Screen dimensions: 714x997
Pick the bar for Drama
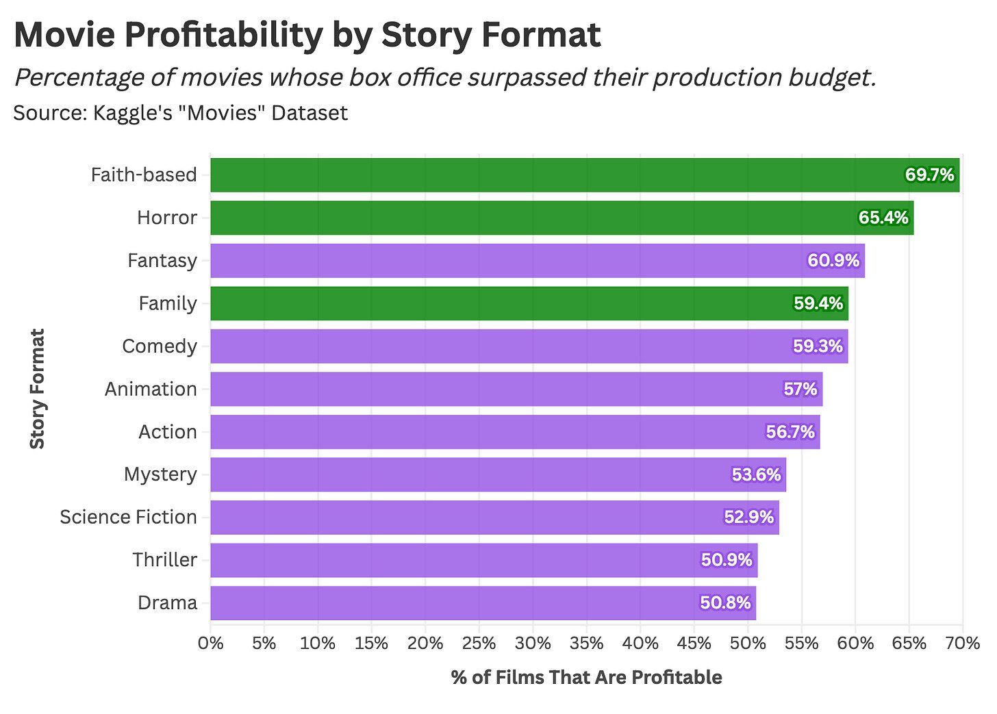445,603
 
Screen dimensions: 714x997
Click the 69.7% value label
929,175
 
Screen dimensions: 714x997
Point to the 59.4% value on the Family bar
818,303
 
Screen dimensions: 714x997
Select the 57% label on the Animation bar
800,389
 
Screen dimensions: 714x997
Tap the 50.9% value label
727,560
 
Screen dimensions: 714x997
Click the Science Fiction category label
128,517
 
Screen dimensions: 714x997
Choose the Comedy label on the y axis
160,346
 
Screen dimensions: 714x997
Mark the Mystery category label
160,474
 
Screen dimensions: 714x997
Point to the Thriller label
165,560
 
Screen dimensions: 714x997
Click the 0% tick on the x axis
210,643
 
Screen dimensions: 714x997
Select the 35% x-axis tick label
587,643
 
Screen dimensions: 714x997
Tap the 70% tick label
963,643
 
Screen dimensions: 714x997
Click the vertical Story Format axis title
37,389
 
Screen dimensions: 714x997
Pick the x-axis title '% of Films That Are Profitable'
586,677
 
